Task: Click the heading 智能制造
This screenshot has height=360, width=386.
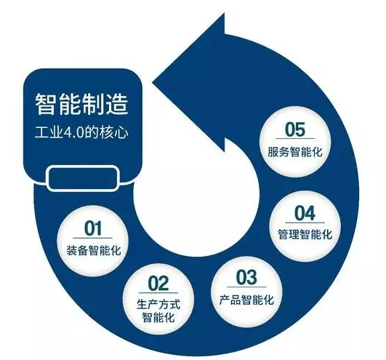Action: point(81,104)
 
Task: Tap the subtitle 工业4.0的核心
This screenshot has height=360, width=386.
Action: point(81,132)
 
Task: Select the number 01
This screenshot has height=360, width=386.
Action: point(93,228)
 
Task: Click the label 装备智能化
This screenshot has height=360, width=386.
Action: point(94,250)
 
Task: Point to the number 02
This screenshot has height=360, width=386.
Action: point(158,284)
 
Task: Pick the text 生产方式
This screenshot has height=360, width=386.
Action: point(158,304)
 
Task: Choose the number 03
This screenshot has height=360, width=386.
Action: point(246,277)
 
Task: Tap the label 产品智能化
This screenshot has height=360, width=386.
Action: point(246,300)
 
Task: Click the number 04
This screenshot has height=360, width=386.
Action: point(305,213)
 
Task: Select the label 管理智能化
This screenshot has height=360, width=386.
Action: point(305,234)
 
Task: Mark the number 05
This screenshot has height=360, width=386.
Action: point(295,129)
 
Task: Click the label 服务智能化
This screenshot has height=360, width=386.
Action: point(295,152)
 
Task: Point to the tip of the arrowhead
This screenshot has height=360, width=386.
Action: point(153,82)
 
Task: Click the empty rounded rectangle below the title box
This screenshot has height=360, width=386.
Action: point(83,178)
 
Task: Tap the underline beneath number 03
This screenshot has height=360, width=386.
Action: point(246,287)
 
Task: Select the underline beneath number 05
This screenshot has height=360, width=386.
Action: point(295,139)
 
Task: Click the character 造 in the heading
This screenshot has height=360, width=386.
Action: point(117,104)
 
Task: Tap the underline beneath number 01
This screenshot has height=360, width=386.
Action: point(93,238)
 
